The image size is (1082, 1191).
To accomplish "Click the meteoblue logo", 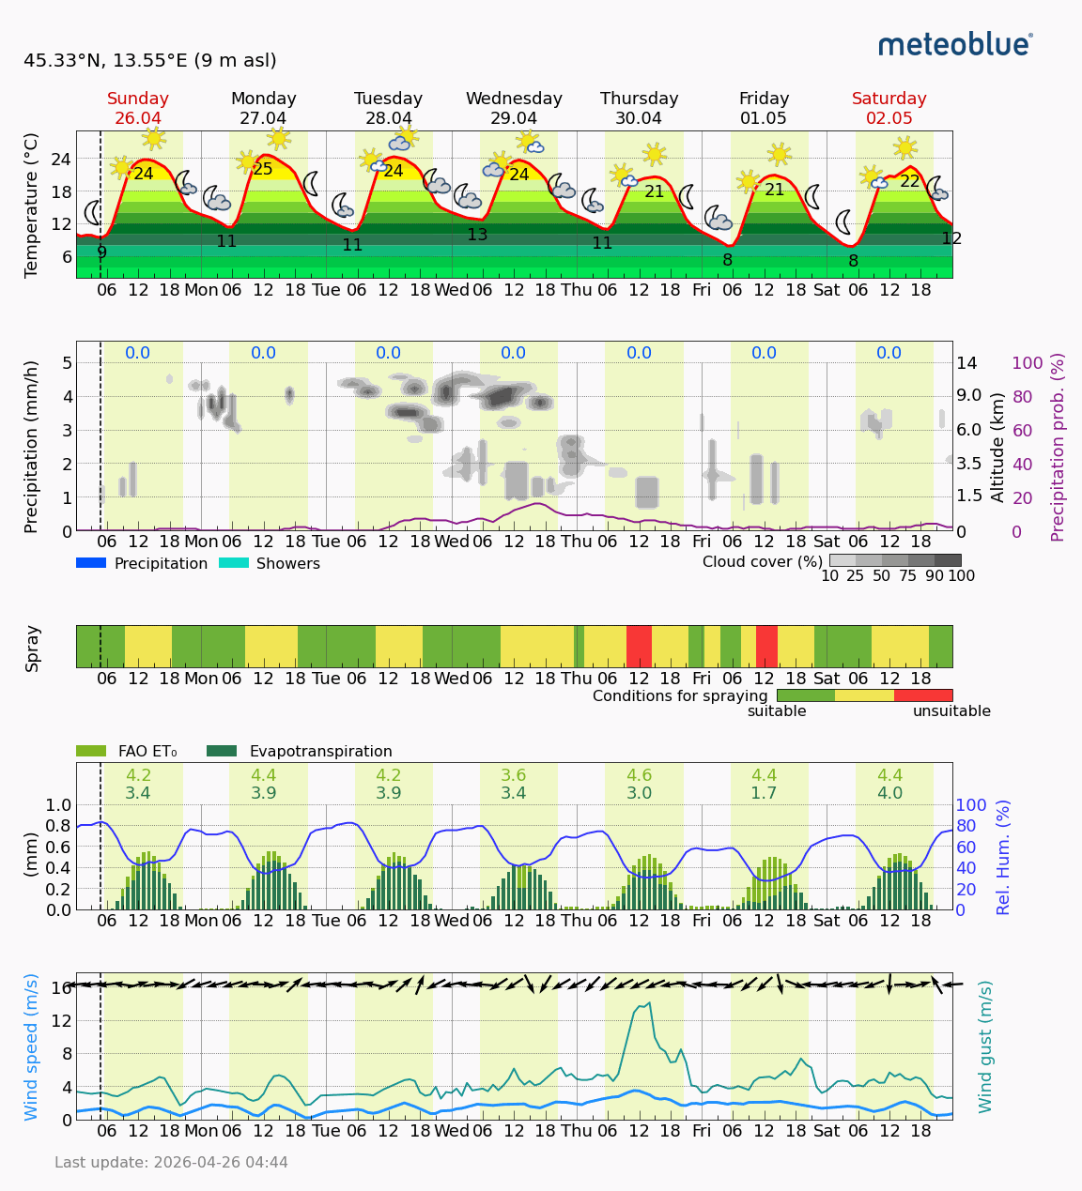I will click(x=955, y=44).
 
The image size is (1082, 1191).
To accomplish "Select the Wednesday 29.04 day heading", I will click(x=514, y=108).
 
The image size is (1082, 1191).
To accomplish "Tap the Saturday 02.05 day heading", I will click(x=889, y=108).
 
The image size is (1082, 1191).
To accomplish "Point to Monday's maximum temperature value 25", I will click(x=263, y=170).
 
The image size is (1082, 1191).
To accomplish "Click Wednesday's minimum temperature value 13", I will click(x=477, y=235).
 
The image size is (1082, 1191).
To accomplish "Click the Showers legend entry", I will click(x=270, y=563).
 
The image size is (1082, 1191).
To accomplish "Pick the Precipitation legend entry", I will click(x=142, y=563).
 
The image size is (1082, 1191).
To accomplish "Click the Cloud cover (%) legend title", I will click(x=762, y=561).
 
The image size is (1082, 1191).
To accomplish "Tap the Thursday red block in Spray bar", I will click(x=639, y=646).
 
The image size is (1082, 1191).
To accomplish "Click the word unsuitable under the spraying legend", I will click(x=951, y=711).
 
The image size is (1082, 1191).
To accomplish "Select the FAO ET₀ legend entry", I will click(x=127, y=751).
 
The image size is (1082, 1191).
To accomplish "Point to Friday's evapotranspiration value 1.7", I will click(x=764, y=793).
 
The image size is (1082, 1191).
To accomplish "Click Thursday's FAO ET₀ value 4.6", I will click(x=639, y=775).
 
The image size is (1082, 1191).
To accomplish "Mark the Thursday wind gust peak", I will click(x=649, y=1002).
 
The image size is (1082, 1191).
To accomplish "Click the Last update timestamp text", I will click(x=171, y=1162).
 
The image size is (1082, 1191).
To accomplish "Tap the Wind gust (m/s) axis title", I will click(x=985, y=1046).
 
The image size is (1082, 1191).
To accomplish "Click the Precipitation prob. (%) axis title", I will click(x=1058, y=447).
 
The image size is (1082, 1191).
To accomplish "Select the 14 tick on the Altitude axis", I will click(x=966, y=362).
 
